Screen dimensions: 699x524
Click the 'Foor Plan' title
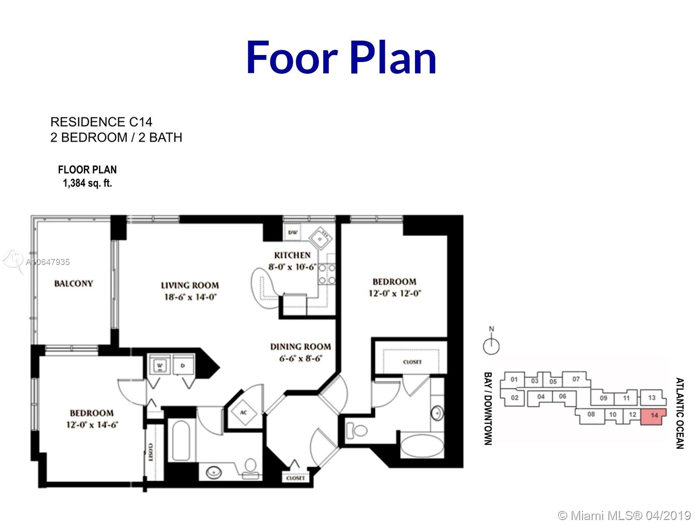point(341,58)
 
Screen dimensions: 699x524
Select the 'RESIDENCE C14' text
point(101,122)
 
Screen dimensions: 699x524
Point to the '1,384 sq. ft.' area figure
point(87,183)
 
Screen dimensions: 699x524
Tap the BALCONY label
point(73,283)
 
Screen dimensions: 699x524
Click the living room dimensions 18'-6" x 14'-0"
point(190,297)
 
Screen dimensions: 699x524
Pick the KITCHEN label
point(292,255)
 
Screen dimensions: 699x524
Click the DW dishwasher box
point(293,232)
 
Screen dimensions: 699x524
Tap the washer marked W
point(160,365)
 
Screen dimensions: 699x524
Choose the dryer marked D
point(183,365)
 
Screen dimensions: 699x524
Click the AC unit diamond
point(244,413)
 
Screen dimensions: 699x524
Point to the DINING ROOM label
point(301,346)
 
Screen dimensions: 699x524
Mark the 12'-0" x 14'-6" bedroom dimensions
point(92,425)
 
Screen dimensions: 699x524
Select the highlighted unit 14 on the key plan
point(654,417)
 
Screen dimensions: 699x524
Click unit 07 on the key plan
point(576,379)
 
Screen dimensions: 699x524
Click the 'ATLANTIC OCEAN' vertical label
point(680,413)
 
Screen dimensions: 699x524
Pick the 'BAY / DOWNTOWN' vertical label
point(488,408)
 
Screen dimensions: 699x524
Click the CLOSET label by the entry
point(295,478)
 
